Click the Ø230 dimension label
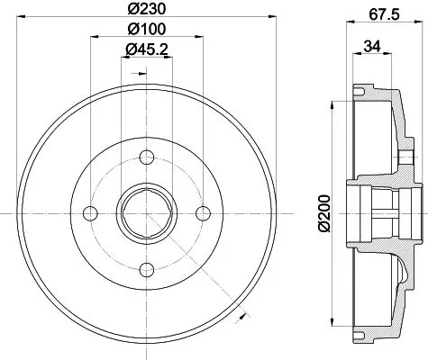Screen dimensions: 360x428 pyautogui.click(x=143, y=11)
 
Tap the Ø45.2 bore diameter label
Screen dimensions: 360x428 pyautogui.click(x=145, y=50)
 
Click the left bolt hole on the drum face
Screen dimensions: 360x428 pyautogui.click(x=88, y=212)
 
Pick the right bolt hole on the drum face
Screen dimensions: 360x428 pyautogui.click(x=203, y=212)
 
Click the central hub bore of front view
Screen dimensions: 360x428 pyautogui.click(x=145, y=212)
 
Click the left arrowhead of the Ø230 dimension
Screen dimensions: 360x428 pyautogui.click(x=22, y=20)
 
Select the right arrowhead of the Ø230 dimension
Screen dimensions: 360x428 pyautogui.click(x=269, y=20)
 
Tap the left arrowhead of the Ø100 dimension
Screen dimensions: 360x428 pyautogui.click(x=92, y=40)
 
